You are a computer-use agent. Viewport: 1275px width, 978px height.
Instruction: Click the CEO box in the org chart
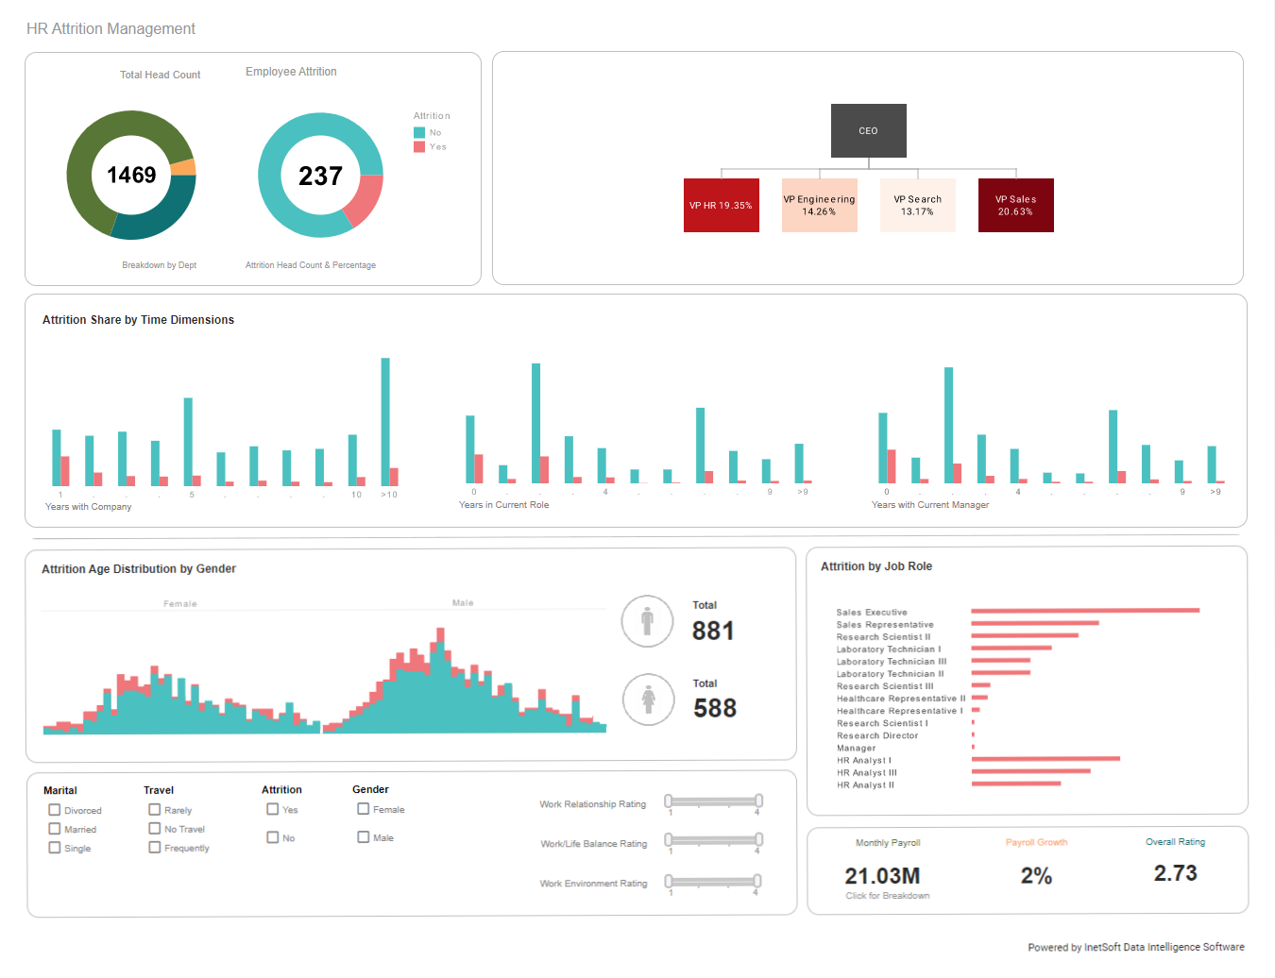tap(868, 130)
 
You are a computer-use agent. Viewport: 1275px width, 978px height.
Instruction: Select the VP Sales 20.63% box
tap(1015, 205)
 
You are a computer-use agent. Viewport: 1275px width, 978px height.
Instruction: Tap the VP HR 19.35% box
tap(721, 205)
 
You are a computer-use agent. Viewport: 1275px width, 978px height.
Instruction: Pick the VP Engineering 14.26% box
tap(819, 205)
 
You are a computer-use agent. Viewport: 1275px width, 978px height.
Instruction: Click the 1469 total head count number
tap(131, 175)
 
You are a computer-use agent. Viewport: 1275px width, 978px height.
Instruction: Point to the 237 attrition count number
tap(320, 176)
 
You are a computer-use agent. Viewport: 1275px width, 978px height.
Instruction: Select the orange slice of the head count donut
tap(185, 168)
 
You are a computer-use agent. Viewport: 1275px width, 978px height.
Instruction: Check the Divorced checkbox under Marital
tap(55, 810)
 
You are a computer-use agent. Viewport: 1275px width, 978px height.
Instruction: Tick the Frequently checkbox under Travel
tap(155, 848)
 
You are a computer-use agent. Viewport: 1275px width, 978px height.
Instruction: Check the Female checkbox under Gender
tap(364, 809)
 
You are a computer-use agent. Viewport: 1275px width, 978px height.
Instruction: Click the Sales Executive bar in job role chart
tap(1084, 611)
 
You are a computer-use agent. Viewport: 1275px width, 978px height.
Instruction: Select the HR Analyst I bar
tap(1045, 759)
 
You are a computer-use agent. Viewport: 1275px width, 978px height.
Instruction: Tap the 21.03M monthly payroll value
tap(882, 875)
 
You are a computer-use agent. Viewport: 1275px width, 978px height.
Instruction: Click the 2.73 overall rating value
tap(1175, 873)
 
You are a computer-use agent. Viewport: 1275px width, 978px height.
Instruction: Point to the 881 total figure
tap(713, 631)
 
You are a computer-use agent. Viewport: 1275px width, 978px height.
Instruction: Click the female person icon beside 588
tap(648, 700)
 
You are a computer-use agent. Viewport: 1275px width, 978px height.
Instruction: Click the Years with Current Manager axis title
tap(929, 505)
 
